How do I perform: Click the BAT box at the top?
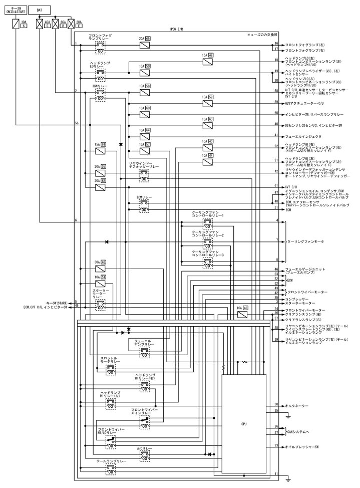[39, 10]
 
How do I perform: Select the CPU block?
[244, 424]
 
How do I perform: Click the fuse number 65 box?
[148, 38]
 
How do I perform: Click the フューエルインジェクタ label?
[303, 136]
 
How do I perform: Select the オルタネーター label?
[296, 405]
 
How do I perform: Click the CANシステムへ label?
[299, 430]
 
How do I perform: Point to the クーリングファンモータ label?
[306, 241]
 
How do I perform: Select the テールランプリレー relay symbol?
[111, 468]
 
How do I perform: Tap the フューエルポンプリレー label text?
[144, 343]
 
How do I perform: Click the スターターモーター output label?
[300, 303]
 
